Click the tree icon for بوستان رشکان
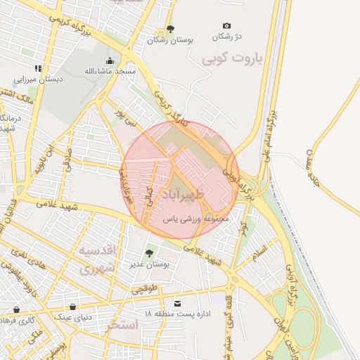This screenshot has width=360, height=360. pyautogui.click(x=169, y=30)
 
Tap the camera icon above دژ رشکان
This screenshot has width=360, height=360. pyautogui.click(x=226, y=26)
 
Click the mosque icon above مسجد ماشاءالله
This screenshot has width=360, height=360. pyautogui.click(x=112, y=61)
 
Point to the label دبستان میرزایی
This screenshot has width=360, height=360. pyautogui.click(x=42, y=79)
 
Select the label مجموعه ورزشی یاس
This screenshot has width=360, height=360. pyautogui.click(x=197, y=219)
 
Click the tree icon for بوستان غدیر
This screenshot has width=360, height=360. pyautogui.click(x=148, y=253)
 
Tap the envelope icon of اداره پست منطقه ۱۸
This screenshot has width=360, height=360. pyautogui.click(x=177, y=304)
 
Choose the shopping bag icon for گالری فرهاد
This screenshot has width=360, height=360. pyautogui.click(x=16, y=309)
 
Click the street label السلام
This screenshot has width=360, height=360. pyautogui.click(x=258, y=250)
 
